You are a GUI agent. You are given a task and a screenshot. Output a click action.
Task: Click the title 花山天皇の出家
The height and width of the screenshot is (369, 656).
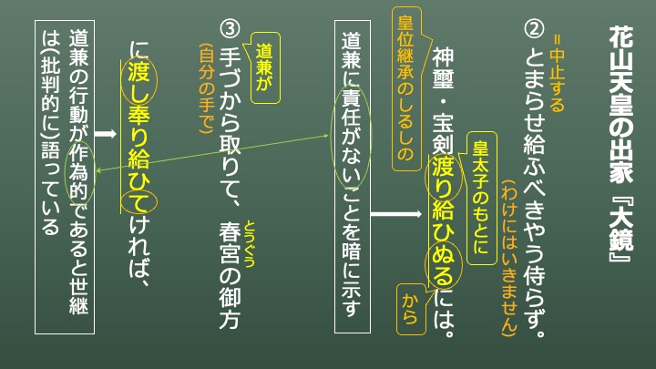tap(620, 105)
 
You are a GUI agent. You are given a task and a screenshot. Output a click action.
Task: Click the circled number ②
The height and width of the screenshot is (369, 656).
tap(534, 29)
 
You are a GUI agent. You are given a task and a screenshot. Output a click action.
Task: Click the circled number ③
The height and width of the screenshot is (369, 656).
tap(230, 29)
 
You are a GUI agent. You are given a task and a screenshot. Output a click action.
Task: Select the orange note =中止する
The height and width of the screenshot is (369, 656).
tap(558, 74)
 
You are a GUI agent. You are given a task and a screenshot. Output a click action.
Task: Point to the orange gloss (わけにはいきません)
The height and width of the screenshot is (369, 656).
tap(509, 258)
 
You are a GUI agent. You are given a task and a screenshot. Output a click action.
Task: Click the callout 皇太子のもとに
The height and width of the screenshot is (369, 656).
tap(481, 198)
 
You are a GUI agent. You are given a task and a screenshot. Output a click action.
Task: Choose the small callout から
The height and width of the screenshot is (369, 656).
tap(410, 309)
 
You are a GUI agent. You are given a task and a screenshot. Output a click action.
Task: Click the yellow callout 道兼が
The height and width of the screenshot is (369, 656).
tap(265, 67)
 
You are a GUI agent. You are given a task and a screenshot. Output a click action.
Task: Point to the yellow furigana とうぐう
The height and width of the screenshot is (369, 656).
tap(250, 243)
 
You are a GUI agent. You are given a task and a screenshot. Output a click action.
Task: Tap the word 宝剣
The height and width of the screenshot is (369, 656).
tap(443, 133)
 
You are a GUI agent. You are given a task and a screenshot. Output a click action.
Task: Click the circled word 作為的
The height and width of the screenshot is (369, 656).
tap(79, 172)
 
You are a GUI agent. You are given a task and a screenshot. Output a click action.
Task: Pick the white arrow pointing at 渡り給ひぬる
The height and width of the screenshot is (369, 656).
tap(396, 214)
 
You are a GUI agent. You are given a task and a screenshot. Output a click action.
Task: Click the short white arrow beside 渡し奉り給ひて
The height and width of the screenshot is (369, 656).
tap(106, 134)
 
